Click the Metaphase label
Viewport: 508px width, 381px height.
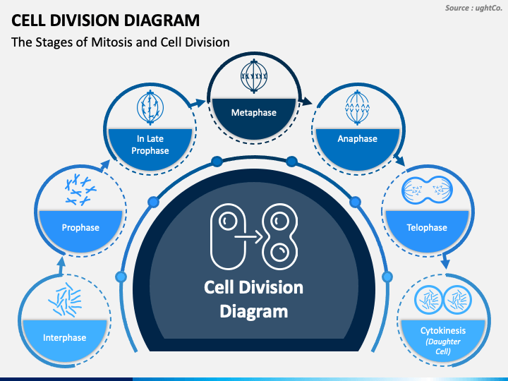[x=254, y=112]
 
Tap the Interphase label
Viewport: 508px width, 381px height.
[x=64, y=337]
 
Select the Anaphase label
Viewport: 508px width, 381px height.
[x=357, y=139]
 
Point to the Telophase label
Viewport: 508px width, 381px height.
[x=427, y=227]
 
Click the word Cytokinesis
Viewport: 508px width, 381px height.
[x=443, y=330]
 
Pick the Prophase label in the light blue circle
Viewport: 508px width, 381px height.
[x=80, y=227]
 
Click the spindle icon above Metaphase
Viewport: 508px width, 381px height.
[x=254, y=76]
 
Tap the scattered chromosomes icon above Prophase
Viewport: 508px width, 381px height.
[x=80, y=190]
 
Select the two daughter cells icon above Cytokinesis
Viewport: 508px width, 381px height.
[x=442, y=300]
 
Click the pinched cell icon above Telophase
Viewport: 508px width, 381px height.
[x=427, y=190]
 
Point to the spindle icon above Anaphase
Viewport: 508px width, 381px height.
[x=357, y=107]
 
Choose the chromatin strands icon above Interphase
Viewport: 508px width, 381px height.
[x=65, y=299]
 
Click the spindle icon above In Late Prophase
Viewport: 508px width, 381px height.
[x=150, y=107]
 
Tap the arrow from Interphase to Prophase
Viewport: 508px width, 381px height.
[x=61, y=266]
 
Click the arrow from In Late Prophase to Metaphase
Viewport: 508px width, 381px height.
[x=197, y=104]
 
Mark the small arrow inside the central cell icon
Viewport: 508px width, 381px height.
[x=248, y=237]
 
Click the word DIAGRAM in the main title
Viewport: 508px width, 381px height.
[x=162, y=20]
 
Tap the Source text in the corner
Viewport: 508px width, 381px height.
[x=473, y=8]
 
